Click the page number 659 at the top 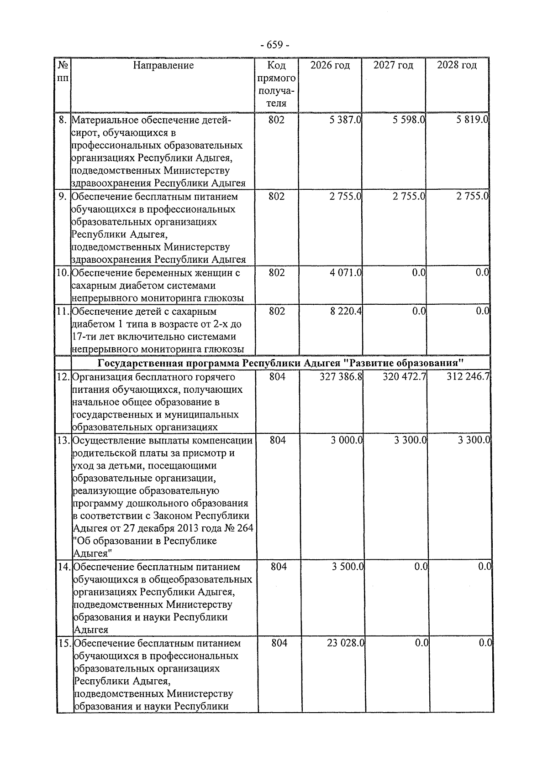click(x=274, y=45)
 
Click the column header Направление click(x=163, y=65)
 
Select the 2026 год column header click(x=330, y=65)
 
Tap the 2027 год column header click(x=393, y=65)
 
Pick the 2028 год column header click(x=457, y=65)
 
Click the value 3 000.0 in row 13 click(x=347, y=440)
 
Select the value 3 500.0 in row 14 click(x=348, y=567)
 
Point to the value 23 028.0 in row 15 click(x=346, y=643)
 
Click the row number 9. click(x=63, y=197)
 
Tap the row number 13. click(x=63, y=441)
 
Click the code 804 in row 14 click(x=279, y=567)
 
